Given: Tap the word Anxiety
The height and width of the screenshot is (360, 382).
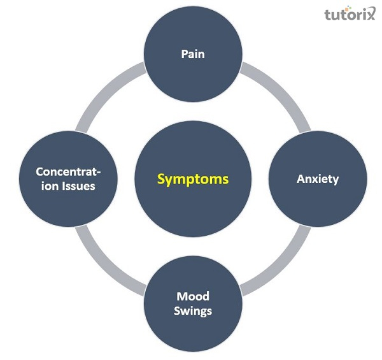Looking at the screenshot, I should coord(318,179).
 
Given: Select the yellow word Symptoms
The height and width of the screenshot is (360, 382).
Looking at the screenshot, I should coord(193,179).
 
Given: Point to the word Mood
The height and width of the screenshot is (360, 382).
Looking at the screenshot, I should coord(194,296).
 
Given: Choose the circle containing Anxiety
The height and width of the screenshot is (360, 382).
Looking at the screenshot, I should coord(318,159).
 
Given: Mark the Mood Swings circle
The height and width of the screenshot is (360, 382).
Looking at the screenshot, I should coord(194,325).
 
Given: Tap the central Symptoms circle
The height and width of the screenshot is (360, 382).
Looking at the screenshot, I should coord(193,153).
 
